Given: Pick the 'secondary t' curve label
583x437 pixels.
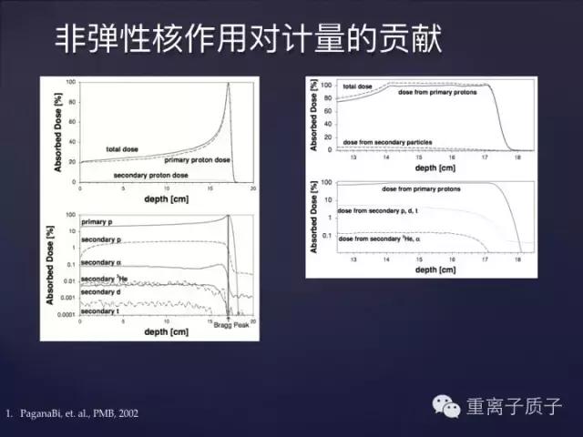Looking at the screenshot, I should coord(99,310).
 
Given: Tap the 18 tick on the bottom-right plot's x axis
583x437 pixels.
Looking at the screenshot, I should coord(519,259).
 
